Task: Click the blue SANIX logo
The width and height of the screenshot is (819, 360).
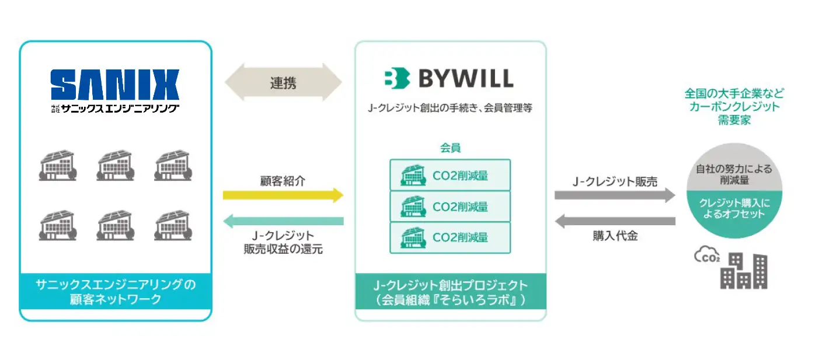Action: coord(115,85)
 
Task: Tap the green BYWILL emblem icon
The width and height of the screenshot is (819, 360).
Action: coord(397,78)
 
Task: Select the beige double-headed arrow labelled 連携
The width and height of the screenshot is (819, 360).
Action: coord(283,82)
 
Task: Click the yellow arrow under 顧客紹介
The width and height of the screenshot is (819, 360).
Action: coord(283,195)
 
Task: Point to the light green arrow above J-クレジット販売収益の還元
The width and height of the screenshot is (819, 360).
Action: coord(283,221)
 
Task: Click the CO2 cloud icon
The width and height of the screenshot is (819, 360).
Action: coord(707,254)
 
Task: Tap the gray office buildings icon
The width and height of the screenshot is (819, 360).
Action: coord(744,271)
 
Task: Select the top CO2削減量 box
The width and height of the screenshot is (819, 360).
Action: coord(450,175)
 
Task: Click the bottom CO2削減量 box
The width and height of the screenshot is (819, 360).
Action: coord(450,237)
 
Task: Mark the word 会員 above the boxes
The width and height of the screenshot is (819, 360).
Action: coord(450,148)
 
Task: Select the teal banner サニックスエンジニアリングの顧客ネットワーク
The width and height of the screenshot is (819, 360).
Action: coord(116,291)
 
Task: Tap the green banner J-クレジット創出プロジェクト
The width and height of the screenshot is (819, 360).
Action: coord(451,291)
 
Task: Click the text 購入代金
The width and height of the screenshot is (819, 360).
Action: coord(615,236)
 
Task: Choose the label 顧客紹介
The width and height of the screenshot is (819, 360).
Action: coord(283,180)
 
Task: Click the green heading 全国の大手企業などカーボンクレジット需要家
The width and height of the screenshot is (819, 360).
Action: coord(734,106)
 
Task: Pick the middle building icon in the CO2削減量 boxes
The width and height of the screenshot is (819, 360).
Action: coord(413,207)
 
